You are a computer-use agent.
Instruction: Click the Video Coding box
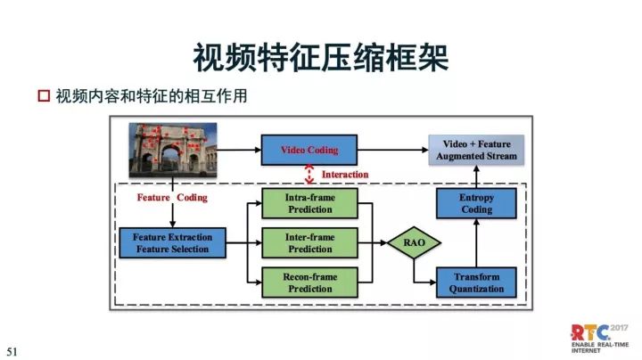click(309, 150)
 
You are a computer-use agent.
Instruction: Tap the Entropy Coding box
click(476, 202)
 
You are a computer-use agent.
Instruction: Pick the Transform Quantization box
click(476, 282)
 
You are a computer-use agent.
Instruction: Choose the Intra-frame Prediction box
click(309, 202)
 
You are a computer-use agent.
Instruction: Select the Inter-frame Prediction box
click(309, 242)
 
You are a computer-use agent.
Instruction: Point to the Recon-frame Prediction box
click(309, 282)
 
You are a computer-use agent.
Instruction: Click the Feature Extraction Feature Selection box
click(171, 242)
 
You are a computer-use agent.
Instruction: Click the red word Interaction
click(344, 175)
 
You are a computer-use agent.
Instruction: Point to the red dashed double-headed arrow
click(309, 175)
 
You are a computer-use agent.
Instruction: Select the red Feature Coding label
click(172, 197)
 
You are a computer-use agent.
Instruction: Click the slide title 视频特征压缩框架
click(320, 54)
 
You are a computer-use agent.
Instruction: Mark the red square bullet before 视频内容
click(43, 95)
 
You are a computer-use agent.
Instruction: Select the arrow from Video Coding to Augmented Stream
click(392, 150)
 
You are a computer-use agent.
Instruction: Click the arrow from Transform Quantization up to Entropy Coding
click(476, 242)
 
